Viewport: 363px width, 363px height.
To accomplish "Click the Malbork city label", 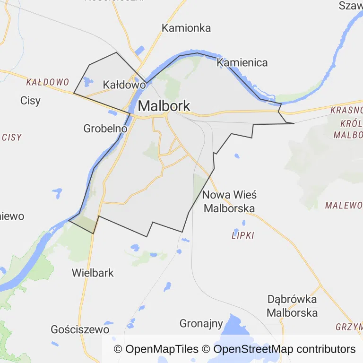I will click(x=164, y=105).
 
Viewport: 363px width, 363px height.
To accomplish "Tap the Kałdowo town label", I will click(x=123, y=85).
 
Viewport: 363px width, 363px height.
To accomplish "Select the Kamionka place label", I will click(x=186, y=28).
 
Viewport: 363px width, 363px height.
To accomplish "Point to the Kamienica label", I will click(x=242, y=62).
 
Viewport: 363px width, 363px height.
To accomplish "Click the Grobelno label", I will click(x=105, y=128).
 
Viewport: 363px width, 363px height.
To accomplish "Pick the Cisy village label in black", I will click(x=30, y=100).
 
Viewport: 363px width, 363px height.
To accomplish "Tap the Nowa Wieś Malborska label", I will click(x=229, y=201).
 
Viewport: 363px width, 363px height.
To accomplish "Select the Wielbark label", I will click(x=93, y=273).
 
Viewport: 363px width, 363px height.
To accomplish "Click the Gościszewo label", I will click(x=80, y=329).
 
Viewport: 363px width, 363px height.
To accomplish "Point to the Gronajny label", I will click(x=201, y=324).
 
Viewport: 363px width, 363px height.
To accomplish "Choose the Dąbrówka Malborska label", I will click(x=292, y=306).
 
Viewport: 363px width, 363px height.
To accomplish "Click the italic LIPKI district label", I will click(x=243, y=235).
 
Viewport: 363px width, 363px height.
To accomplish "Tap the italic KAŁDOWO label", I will click(x=47, y=82).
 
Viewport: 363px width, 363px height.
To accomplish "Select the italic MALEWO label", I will click(x=344, y=205).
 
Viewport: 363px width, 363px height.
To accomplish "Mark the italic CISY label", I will click(x=12, y=138).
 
